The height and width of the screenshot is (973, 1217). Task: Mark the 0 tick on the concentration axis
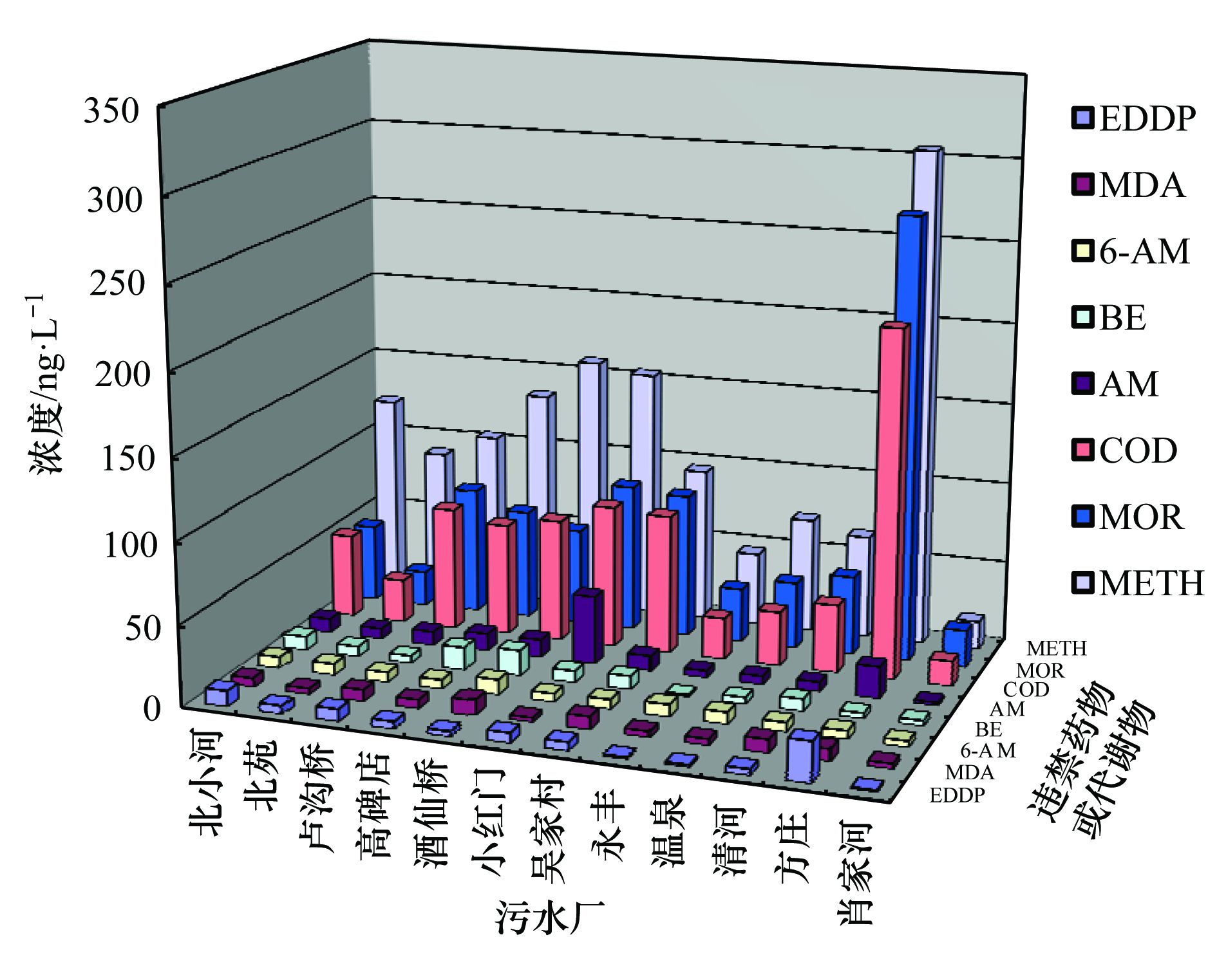coord(152,708)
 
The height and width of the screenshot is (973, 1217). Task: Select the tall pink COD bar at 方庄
coord(891,502)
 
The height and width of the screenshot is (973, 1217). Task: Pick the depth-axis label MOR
coord(1041,671)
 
